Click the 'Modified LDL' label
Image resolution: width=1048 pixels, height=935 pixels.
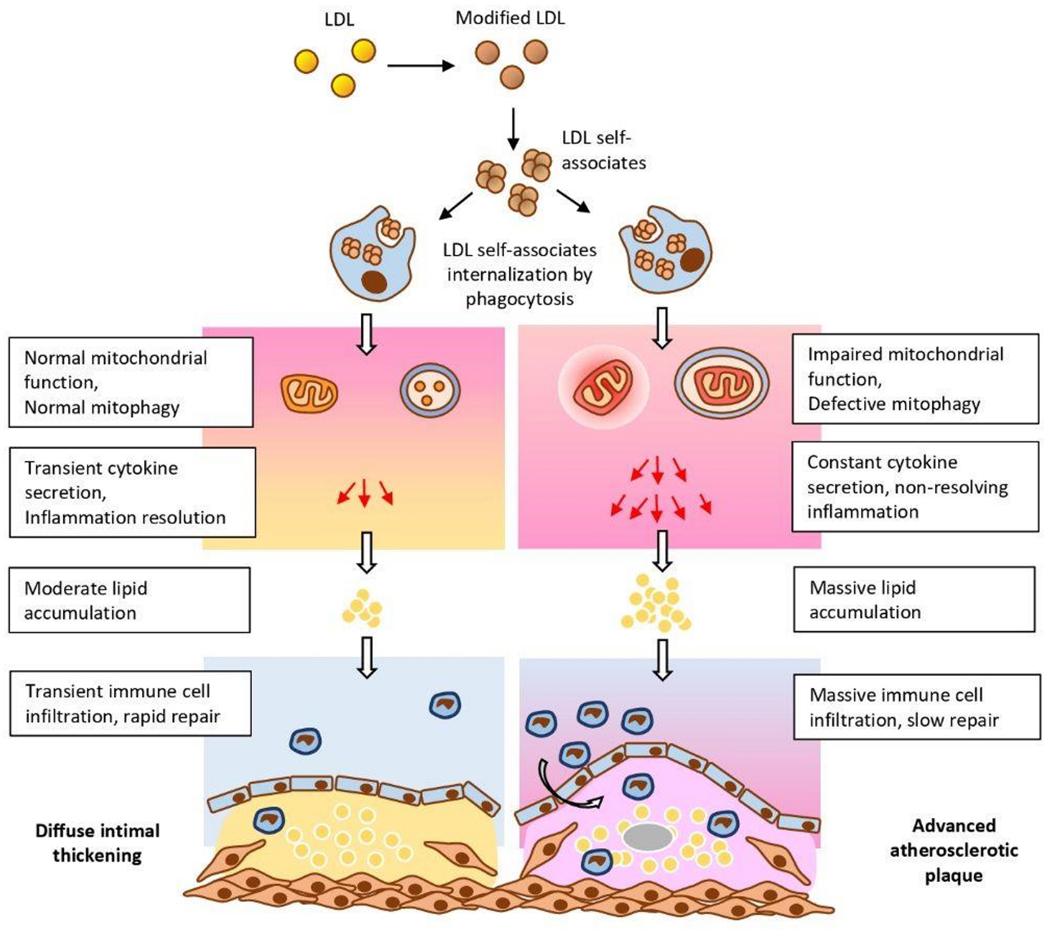[x=510, y=18]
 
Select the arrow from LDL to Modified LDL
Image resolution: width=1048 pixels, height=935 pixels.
[x=421, y=66]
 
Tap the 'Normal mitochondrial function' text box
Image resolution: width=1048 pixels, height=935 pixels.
[x=131, y=382]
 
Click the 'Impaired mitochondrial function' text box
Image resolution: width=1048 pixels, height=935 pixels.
[x=916, y=379]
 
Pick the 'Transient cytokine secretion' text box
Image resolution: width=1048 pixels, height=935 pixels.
[x=132, y=492]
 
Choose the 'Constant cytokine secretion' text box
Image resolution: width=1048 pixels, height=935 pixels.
[x=916, y=486]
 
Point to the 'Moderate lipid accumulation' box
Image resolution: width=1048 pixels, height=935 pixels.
[x=130, y=600]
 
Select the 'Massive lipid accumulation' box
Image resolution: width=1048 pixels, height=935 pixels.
[x=914, y=599]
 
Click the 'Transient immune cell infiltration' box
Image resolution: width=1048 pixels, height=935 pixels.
[x=131, y=703]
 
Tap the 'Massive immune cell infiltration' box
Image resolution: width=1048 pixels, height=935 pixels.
[x=917, y=707]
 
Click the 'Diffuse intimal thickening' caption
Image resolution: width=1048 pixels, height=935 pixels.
[x=98, y=843]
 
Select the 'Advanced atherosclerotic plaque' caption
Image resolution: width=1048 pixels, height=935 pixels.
[x=953, y=850]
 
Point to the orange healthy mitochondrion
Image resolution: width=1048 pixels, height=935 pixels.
[x=309, y=393]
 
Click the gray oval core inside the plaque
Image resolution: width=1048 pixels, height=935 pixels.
[x=648, y=837]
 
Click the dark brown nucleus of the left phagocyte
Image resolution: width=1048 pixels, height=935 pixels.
[x=374, y=282]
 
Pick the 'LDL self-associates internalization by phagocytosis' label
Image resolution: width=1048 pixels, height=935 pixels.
[x=519, y=274]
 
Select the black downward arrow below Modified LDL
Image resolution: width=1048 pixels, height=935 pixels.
[x=513, y=128]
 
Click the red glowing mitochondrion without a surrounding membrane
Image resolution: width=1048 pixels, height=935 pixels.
[x=603, y=387]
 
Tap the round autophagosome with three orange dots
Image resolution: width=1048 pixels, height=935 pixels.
[x=430, y=391]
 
